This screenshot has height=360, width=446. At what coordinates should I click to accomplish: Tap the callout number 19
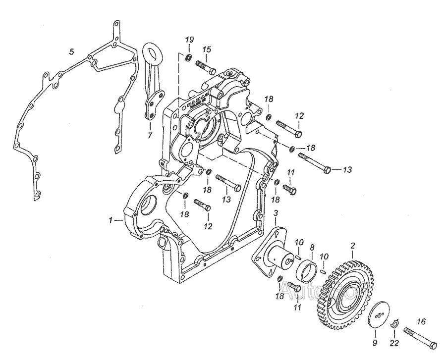pyautogui.click(x=189, y=40)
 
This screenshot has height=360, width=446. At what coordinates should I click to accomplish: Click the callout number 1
pyautogui.click(x=111, y=218)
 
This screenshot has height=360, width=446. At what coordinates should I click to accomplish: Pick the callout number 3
pyautogui.click(x=276, y=213)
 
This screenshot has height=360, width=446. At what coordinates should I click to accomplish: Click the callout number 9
pyautogui.click(x=375, y=343)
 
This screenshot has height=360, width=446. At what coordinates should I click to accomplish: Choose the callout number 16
pyautogui.click(x=422, y=321)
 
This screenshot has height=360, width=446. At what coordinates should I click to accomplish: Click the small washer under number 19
pyautogui.click(x=188, y=59)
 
